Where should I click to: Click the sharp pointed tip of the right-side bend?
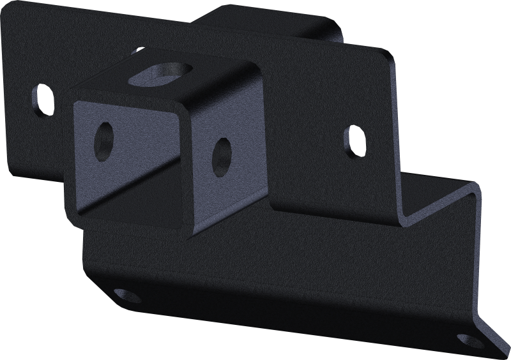click(478, 186)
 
